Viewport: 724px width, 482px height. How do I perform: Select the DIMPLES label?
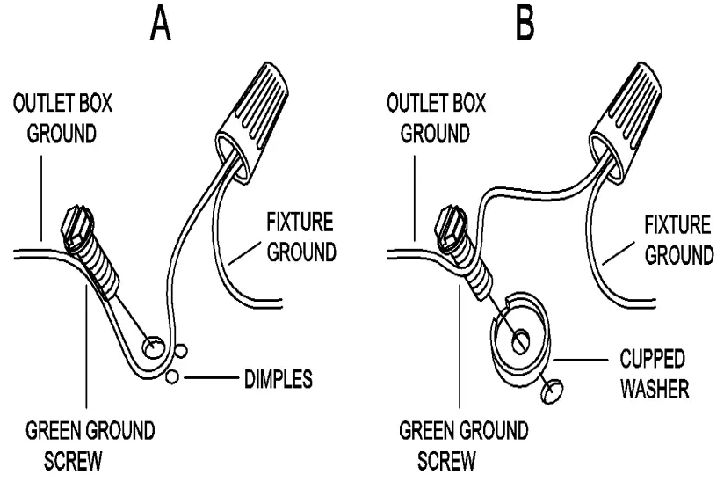(x=278, y=381)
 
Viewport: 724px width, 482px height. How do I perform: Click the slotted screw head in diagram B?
(x=452, y=223)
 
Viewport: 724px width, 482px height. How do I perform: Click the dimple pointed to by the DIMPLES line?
(x=171, y=377)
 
